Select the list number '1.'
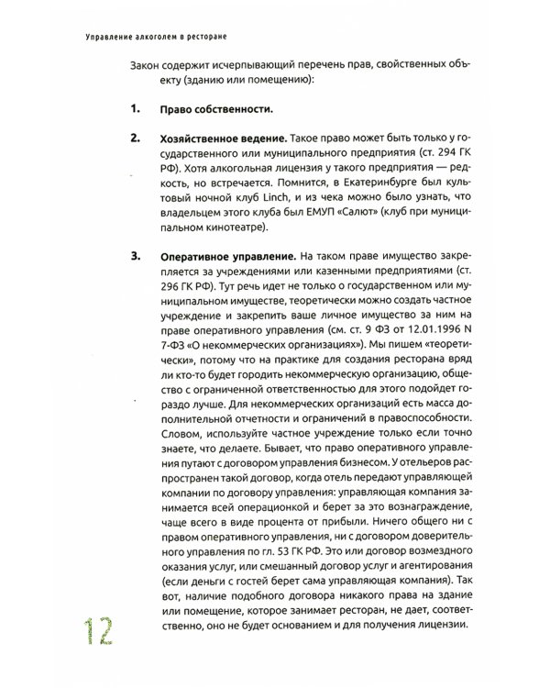(135, 110)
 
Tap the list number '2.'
(135, 138)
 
